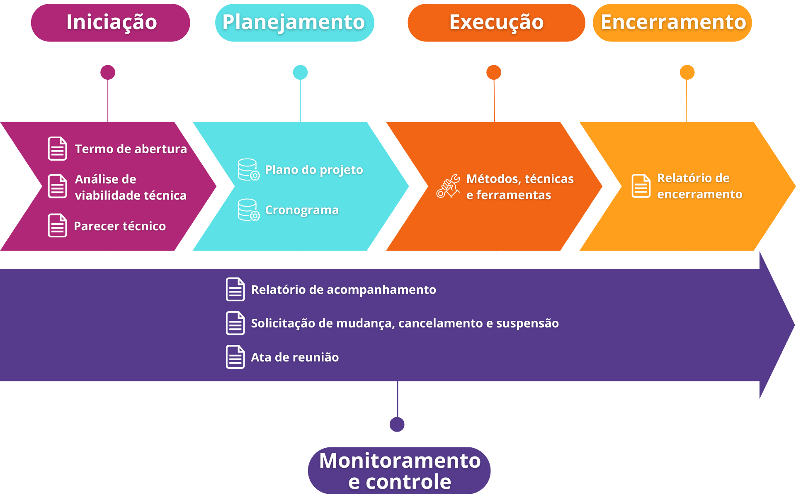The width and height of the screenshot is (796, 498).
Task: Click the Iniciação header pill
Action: [x=110, y=23]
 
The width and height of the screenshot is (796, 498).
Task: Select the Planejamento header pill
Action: [x=294, y=23]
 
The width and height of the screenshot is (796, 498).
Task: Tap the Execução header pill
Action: [x=496, y=23]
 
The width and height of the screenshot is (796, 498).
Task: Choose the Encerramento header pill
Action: [x=672, y=23]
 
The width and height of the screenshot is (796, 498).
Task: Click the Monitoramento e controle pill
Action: [x=399, y=471]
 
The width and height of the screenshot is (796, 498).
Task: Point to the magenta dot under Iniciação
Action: [x=108, y=72]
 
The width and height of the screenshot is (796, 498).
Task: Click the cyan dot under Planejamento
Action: [x=300, y=72]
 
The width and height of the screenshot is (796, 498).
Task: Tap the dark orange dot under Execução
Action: [x=494, y=72]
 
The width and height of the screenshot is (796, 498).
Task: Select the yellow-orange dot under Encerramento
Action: [x=687, y=72]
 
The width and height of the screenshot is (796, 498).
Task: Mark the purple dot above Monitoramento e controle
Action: [x=397, y=424]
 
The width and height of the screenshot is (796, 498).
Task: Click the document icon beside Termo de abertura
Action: [x=57, y=149]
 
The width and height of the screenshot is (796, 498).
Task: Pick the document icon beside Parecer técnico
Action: [x=57, y=225]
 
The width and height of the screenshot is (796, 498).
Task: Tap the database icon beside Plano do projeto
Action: [x=249, y=170]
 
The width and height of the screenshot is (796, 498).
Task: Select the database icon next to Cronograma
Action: [x=249, y=210]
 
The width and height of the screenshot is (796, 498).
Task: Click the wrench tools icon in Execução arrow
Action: [x=448, y=186]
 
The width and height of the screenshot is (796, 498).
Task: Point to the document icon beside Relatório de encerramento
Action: [x=641, y=186]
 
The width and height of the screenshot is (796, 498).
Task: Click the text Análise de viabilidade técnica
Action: [x=131, y=187]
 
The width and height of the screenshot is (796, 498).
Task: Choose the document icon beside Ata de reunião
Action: [x=235, y=357]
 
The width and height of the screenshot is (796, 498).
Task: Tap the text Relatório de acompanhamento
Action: [x=344, y=290]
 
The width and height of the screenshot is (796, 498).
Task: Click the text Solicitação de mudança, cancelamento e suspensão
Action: [x=405, y=323]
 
